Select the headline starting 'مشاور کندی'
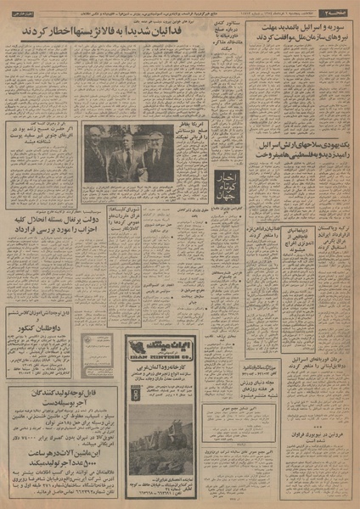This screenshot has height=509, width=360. pyautogui.click(x=225, y=48)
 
